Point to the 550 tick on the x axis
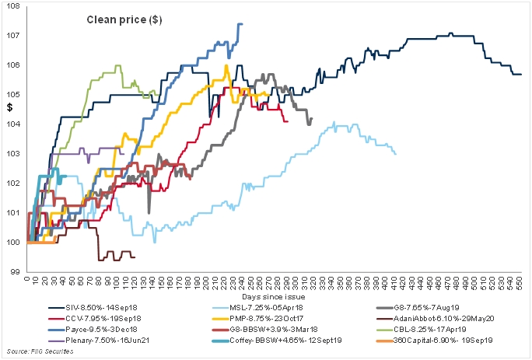(516, 282)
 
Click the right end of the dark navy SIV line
(521, 74)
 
